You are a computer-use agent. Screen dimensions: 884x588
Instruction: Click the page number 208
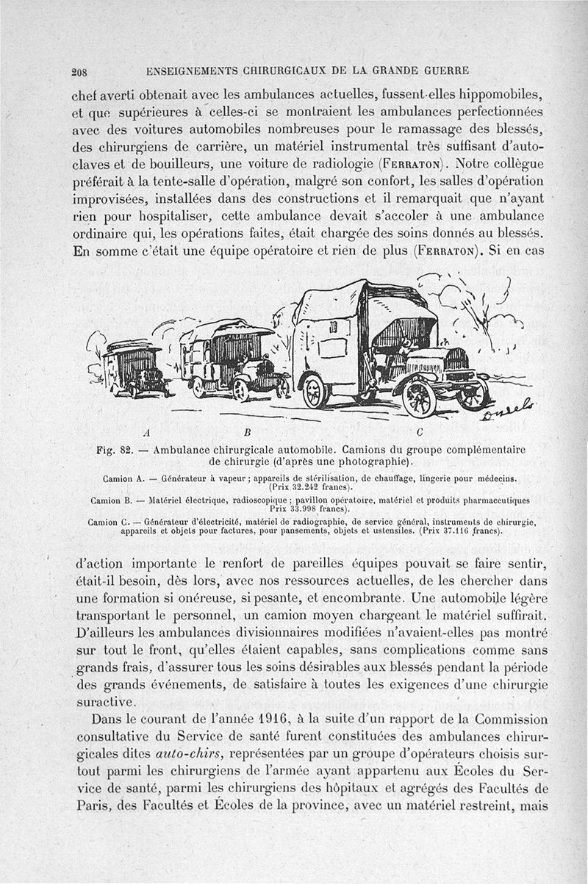(x=79, y=72)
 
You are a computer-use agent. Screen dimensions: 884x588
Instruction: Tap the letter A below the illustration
(x=148, y=431)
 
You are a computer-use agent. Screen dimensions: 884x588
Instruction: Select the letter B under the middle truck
(x=248, y=431)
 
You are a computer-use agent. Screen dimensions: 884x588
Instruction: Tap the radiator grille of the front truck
(x=456, y=359)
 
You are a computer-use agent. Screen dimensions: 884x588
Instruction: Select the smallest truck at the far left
(x=135, y=368)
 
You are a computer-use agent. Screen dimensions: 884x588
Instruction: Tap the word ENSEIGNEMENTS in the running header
(x=193, y=72)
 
